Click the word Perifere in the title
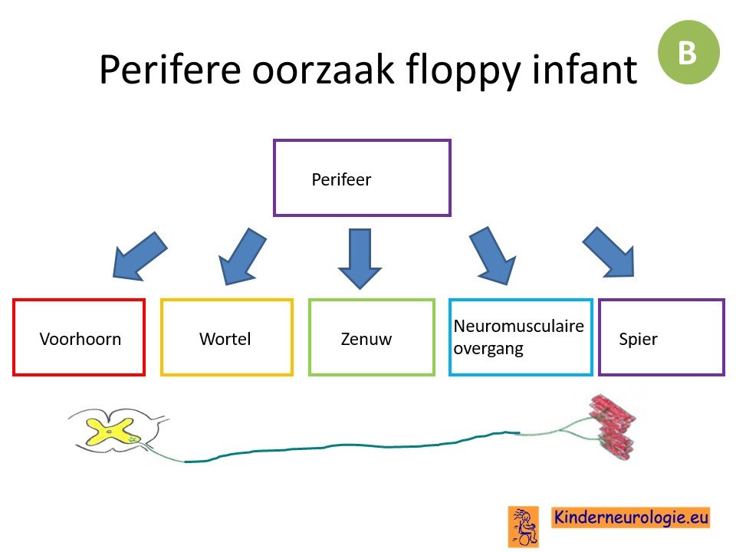tap(170, 70)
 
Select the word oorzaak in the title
tap(324, 70)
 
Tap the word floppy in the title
tap(463, 71)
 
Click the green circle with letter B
tap(688, 52)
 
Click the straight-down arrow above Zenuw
tap(360, 258)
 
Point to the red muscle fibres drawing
tap(613, 427)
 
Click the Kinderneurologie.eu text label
tap(630, 517)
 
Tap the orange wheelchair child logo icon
tap(524, 527)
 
